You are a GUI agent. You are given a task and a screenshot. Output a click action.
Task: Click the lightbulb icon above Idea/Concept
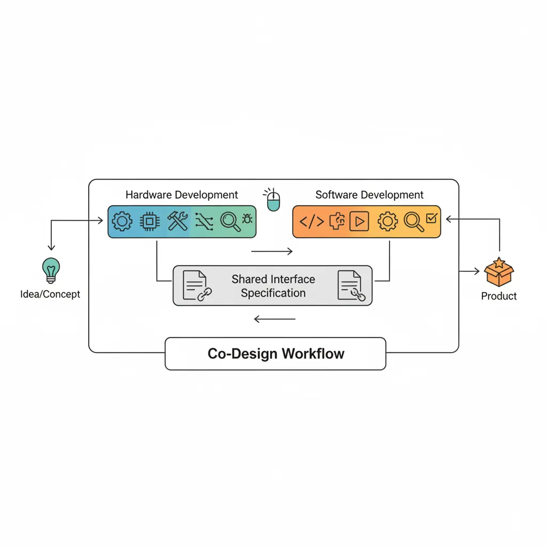click(51, 270)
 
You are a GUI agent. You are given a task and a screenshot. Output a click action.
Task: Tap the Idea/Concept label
click(50, 294)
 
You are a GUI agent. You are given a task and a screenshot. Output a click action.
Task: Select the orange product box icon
click(498, 272)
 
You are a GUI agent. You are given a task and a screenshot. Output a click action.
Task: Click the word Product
click(499, 296)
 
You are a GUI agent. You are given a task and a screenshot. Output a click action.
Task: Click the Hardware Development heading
click(182, 195)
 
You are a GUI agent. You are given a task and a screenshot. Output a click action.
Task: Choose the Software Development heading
click(369, 195)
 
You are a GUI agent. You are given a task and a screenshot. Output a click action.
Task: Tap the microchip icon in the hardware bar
click(150, 221)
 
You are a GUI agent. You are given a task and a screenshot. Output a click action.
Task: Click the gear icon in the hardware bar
click(122, 221)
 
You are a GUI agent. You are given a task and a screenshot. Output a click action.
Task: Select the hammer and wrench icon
click(177, 221)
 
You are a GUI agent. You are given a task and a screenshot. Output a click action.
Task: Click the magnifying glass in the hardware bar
click(230, 222)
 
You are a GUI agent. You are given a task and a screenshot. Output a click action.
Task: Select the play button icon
click(359, 222)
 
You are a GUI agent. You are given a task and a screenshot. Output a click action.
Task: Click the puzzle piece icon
click(337, 221)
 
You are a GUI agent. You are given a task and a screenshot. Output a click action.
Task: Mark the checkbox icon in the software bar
click(432, 217)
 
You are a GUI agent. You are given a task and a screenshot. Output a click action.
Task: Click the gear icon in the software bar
click(387, 221)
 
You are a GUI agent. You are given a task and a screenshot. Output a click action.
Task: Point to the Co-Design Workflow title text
click(276, 354)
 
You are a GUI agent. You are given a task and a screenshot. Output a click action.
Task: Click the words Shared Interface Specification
click(273, 286)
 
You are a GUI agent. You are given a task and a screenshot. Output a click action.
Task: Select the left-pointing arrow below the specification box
click(275, 319)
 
